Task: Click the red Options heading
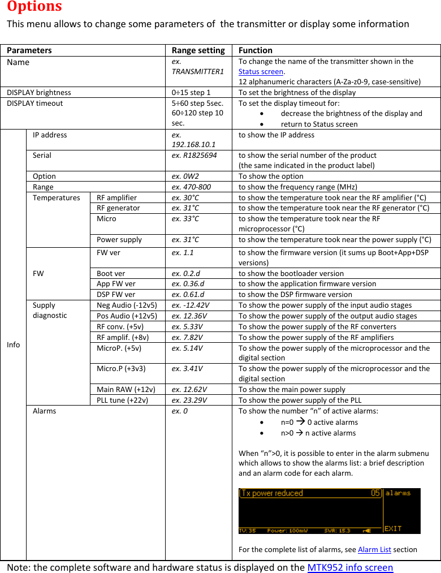point(34,7)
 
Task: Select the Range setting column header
point(198,50)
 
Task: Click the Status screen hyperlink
point(261,71)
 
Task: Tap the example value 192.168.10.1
point(193,144)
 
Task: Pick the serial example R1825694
point(194,155)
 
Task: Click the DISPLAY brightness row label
point(39,92)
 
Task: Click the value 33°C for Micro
point(185,218)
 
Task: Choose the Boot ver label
point(111,273)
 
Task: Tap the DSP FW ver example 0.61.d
point(188,294)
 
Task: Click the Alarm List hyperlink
point(374,549)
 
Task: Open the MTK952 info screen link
point(349,567)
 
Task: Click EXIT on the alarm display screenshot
point(393,528)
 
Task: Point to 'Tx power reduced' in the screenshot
point(273,493)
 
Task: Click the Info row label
point(13,344)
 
